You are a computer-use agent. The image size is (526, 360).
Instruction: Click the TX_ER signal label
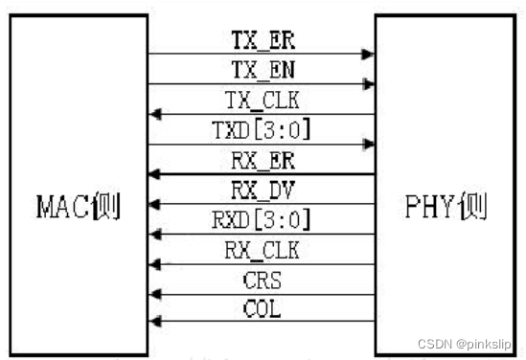point(260,41)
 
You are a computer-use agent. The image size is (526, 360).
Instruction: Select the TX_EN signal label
point(260,70)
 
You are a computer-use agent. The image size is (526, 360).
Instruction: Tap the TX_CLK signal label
point(260,101)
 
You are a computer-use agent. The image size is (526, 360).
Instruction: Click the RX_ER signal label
point(260,160)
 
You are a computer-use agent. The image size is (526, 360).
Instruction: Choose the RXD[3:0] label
point(260,219)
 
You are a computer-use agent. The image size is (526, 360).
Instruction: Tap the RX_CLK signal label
point(260,250)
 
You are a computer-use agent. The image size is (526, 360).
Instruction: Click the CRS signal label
point(260,281)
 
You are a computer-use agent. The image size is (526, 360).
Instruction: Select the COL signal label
point(260,310)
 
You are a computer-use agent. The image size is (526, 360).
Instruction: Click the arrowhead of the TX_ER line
point(368,56)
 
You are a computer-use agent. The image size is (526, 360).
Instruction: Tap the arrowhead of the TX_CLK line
point(153,115)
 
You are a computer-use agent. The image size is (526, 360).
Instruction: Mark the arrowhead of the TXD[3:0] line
point(368,145)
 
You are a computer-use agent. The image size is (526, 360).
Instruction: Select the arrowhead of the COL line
point(153,321)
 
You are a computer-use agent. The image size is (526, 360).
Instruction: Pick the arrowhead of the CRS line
point(153,292)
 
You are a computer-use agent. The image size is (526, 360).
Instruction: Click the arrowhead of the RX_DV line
point(153,204)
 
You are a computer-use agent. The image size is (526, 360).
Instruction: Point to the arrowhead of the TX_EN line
point(368,85)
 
